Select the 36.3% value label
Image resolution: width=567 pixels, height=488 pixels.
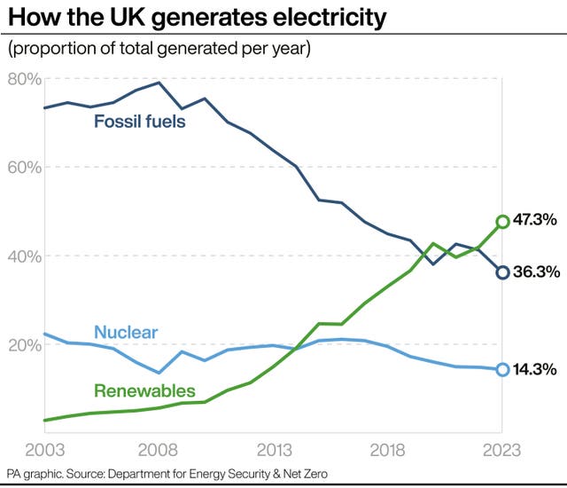tap(537, 272)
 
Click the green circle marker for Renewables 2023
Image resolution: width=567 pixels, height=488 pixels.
tap(502, 221)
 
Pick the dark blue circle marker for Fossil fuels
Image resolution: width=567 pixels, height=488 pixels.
tap(502, 272)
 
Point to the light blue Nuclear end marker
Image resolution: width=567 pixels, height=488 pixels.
tap(502, 369)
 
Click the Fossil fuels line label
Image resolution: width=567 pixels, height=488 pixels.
tap(140, 122)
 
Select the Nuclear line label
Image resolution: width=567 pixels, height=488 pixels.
tap(125, 333)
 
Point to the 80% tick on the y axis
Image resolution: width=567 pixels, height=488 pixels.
tap(25, 79)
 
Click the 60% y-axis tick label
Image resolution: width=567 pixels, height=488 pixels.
tap(25, 167)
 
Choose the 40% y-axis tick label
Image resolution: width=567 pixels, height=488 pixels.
tap(25, 256)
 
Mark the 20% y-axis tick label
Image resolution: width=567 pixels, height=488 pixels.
tap(25, 344)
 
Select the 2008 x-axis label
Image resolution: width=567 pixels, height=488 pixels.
tap(159, 449)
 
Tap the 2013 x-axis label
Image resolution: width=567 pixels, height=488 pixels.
tap(273, 449)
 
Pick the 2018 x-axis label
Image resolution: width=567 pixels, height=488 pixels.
tap(388, 449)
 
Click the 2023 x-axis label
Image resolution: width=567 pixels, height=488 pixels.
tap(501, 449)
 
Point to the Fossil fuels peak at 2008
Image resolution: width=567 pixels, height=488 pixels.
tap(159, 83)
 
